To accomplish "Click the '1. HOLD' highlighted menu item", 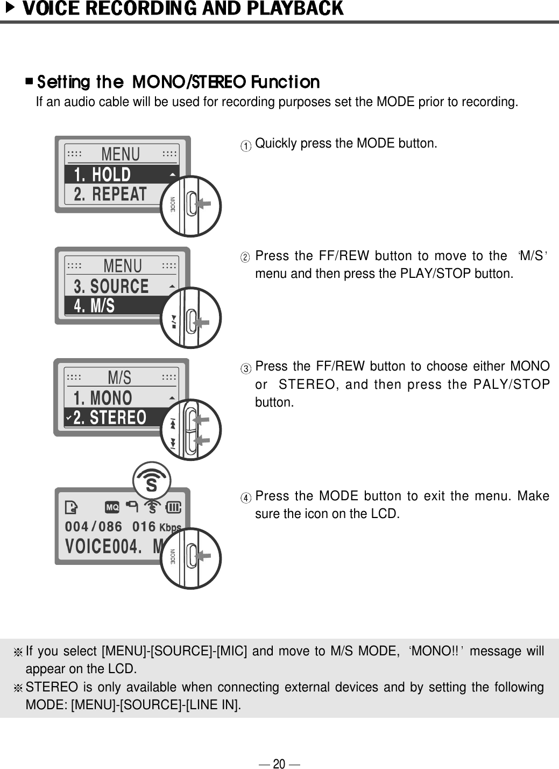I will (x=103, y=174).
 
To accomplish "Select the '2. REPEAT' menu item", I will (x=110, y=194).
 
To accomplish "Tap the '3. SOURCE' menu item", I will (x=111, y=286).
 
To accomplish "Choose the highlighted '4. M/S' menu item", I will (x=95, y=306).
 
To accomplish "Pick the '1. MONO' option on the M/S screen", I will (x=103, y=398).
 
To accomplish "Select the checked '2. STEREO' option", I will (x=110, y=417).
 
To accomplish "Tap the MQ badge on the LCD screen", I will (x=112, y=507).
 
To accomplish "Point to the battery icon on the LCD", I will (x=174, y=507).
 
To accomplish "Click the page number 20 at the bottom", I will (x=279, y=763).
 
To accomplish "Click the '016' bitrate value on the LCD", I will (x=144, y=526).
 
